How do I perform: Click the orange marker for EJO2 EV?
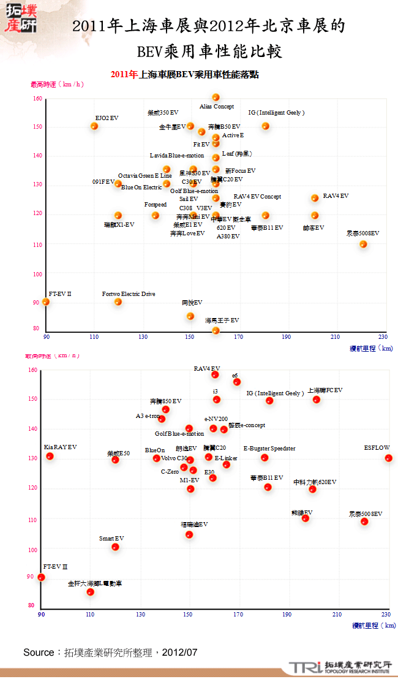coord(94,126)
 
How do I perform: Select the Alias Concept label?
coord(217,107)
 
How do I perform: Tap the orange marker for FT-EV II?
coord(46,302)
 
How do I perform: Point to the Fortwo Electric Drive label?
coord(129,294)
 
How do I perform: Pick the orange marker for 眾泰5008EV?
coord(363,245)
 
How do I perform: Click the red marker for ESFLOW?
coord(388,458)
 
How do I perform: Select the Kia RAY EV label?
coord(61,447)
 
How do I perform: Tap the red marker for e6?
coord(237,382)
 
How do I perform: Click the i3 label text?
coord(216,391)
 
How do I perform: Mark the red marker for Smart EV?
coord(115,547)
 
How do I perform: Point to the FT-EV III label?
coord(55,567)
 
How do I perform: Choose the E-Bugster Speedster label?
coord(269,449)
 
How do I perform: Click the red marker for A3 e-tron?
coord(162,419)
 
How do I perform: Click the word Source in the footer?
coord(39,653)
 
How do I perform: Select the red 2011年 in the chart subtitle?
coord(124,75)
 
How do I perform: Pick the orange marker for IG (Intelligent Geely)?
coord(265,126)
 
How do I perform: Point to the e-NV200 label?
coord(216,419)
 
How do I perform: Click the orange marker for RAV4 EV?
coord(315,198)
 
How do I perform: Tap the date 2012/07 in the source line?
coord(180,653)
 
